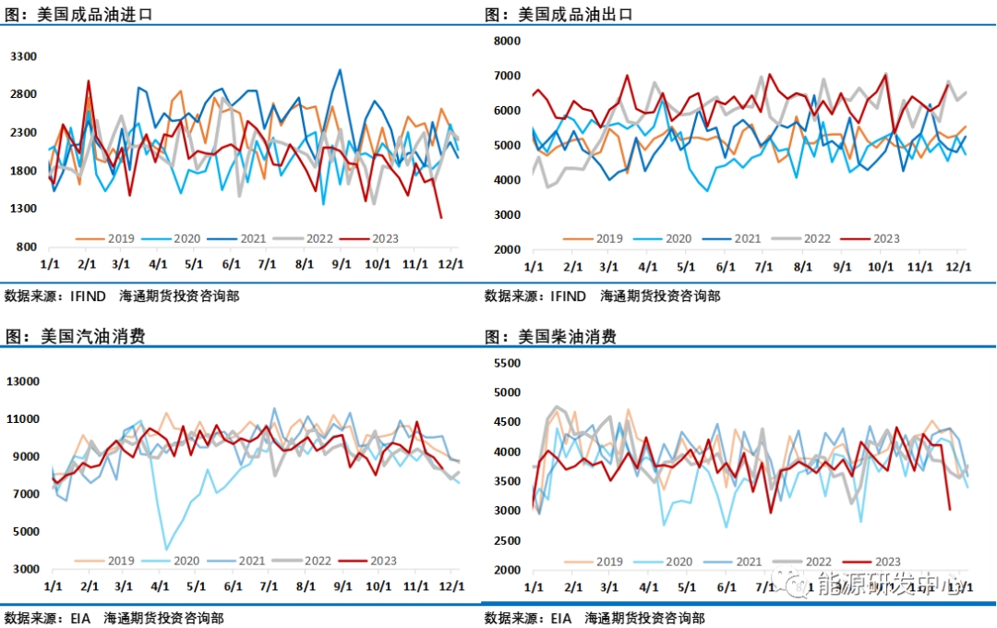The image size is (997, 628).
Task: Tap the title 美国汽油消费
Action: (93, 337)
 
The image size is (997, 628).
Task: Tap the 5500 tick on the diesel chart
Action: (507, 363)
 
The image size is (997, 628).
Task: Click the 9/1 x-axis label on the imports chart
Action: (342, 263)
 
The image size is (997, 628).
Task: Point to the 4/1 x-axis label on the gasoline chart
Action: (160, 586)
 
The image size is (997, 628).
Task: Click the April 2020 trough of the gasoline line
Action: (167, 549)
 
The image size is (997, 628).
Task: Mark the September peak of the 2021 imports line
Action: (340, 69)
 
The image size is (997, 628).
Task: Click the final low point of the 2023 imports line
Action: (441, 218)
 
